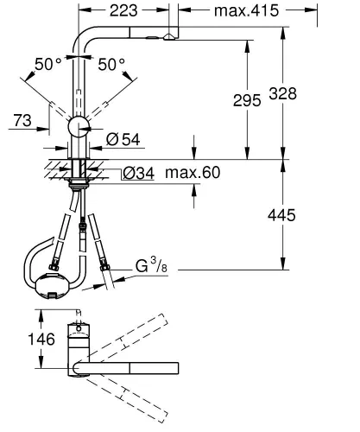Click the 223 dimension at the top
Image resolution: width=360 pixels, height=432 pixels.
[x=121, y=10]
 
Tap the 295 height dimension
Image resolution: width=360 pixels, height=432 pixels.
[x=247, y=101]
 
